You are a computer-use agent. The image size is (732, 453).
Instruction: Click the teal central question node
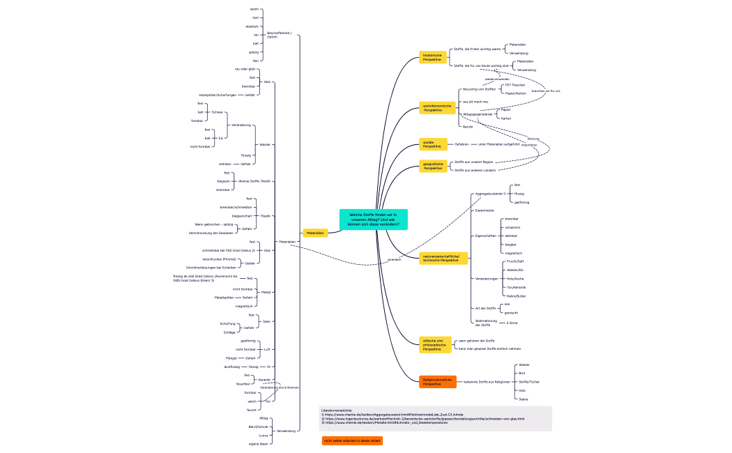pos(373,220)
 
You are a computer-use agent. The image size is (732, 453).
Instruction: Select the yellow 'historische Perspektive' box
pos(432,58)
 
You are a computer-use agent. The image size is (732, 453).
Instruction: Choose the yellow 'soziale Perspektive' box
pos(432,144)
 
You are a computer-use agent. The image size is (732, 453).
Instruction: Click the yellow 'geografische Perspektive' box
pos(433,166)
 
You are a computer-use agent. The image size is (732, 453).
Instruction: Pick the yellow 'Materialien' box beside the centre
pos(315,233)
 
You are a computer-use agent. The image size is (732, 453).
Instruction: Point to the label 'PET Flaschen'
pos(515,85)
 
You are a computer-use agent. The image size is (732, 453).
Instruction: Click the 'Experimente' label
pos(485,210)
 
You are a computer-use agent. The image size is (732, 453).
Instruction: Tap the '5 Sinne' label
pos(512,323)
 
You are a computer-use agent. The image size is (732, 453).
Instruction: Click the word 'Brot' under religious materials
pos(523,374)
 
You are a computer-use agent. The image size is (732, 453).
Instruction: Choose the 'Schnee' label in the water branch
pos(217,112)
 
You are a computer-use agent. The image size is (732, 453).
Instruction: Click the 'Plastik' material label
pos(265,216)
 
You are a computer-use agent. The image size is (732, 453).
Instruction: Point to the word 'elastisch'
pos(252,26)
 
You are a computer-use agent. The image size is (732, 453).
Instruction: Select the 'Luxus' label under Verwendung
pos(264,435)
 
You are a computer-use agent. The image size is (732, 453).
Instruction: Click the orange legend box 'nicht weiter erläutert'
pos(352,440)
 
